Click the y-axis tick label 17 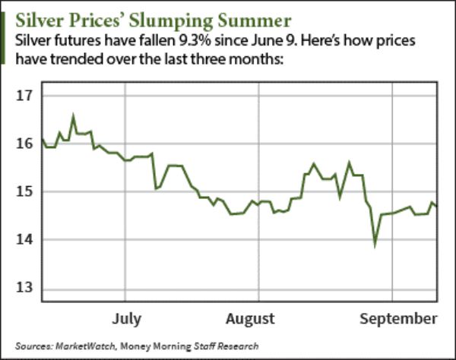click(26, 96)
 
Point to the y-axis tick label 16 click(26, 144)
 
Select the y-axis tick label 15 click(26, 191)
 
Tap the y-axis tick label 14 click(26, 240)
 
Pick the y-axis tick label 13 click(26, 288)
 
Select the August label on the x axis click(249, 317)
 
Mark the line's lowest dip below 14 click(374, 245)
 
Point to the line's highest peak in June click(74, 117)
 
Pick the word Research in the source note click(238, 345)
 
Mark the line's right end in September click(436, 206)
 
